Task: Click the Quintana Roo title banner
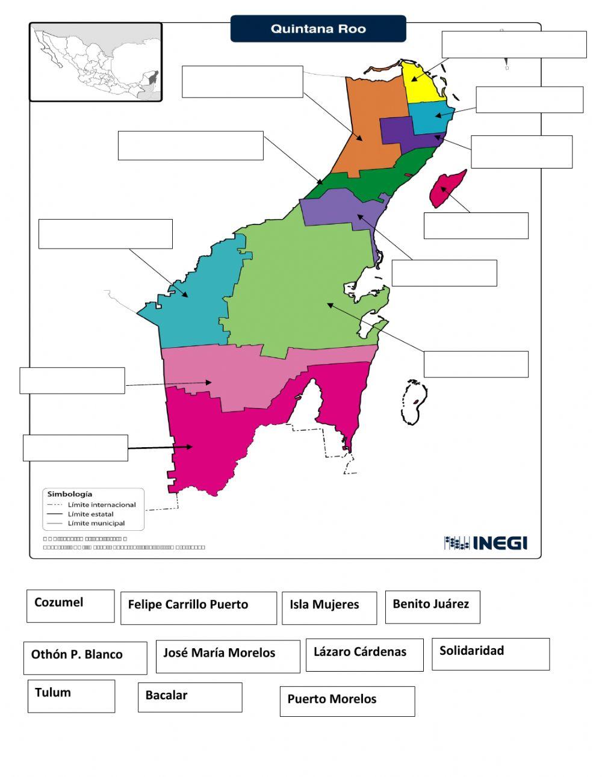click(x=318, y=29)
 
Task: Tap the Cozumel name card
click(x=70, y=605)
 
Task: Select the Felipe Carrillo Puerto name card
click(x=199, y=608)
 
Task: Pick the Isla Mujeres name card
click(x=329, y=608)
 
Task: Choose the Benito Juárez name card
click(x=432, y=607)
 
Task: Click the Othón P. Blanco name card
click(x=85, y=657)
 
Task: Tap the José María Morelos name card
click(x=228, y=656)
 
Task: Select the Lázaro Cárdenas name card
click(x=364, y=655)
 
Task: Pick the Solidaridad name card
click(x=491, y=654)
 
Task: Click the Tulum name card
click(x=71, y=696)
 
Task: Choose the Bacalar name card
click(x=190, y=697)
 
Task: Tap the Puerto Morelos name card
click(x=347, y=701)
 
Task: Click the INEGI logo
click(x=486, y=543)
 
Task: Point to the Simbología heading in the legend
click(x=70, y=494)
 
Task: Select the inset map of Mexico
click(x=96, y=62)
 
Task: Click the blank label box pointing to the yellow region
click(x=514, y=45)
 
